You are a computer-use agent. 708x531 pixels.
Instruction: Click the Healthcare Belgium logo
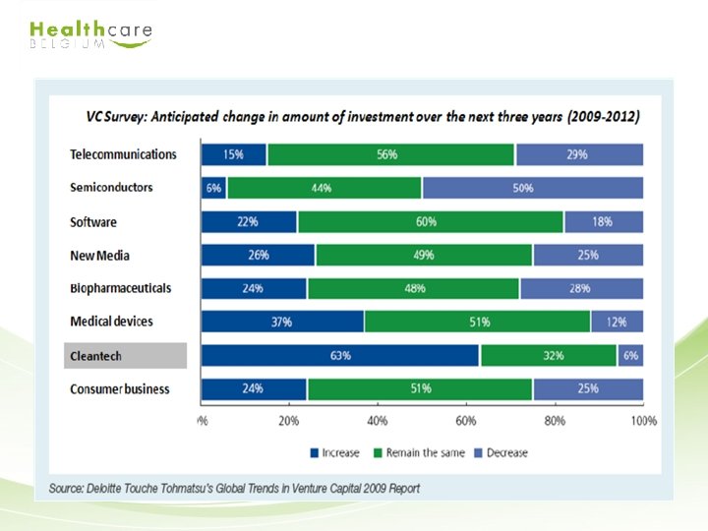click(90, 34)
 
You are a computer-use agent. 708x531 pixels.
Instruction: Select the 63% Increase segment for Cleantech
click(340, 355)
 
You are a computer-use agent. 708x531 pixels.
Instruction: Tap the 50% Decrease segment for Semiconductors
click(533, 188)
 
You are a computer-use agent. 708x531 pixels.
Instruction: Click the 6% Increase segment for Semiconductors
click(214, 188)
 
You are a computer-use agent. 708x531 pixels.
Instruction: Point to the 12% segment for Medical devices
click(618, 322)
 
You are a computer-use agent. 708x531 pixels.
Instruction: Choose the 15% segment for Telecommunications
click(234, 154)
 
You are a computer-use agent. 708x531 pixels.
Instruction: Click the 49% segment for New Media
click(424, 255)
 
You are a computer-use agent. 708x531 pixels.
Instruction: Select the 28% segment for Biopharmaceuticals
click(581, 288)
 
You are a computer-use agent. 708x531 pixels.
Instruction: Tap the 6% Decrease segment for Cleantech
click(630, 355)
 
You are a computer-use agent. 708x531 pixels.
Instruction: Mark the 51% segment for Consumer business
click(420, 389)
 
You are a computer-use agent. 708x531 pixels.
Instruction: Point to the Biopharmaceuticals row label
click(121, 288)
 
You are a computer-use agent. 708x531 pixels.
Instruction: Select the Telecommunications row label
click(123, 154)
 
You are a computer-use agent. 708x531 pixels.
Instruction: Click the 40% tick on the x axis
click(378, 421)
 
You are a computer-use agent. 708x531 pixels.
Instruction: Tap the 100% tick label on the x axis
click(644, 421)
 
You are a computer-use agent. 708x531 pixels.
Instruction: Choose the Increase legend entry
click(334, 453)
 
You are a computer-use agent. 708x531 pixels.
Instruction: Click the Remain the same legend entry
click(419, 453)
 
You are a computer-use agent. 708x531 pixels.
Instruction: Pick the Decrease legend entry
click(501, 453)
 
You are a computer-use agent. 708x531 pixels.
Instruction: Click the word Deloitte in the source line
click(103, 489)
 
